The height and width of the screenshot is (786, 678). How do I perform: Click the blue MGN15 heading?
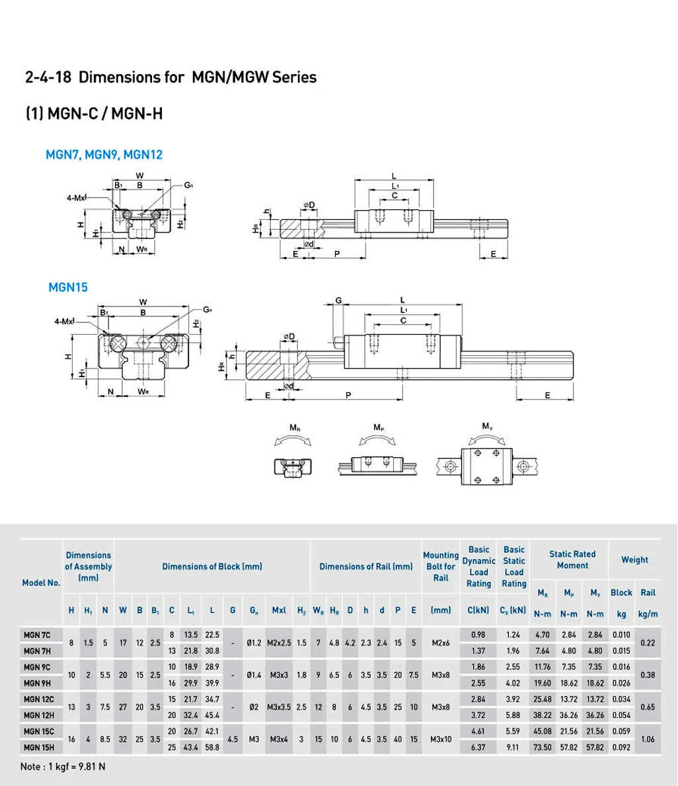click(68, 287)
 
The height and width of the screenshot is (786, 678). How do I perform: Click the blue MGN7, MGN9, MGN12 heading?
click(104, 155)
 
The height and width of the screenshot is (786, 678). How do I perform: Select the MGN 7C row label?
click(37, 635)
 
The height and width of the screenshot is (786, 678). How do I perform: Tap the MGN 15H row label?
click(38, 748)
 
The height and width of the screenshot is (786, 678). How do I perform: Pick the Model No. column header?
click(41, 583)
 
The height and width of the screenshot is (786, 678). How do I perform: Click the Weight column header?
click(634, 559)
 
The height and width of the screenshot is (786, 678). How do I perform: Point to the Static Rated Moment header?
click(572, 559)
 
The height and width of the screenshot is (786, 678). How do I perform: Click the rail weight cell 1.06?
click(648, 739)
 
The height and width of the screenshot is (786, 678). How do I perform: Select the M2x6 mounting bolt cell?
click(441, 643)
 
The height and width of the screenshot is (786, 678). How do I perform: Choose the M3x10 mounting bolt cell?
click(441, 739)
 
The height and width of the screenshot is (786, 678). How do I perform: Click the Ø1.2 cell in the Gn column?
click(254, 643)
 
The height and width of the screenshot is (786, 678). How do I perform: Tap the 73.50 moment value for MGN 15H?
click(543, 748)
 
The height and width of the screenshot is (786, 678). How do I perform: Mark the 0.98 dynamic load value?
click(478, 635)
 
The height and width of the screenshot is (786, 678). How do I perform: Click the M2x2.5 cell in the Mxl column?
click(279, 643)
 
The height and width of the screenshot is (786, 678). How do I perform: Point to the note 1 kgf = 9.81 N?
click(63, 766)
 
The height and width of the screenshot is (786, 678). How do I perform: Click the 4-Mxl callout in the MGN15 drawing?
click(64, 321)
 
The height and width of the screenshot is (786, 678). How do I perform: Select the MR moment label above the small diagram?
click(295, 427)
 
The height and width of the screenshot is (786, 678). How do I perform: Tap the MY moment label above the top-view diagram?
click(488, 426)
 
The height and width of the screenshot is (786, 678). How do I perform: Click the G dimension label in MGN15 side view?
click(338, 301)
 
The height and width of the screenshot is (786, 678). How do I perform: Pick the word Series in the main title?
click(294, 77)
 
